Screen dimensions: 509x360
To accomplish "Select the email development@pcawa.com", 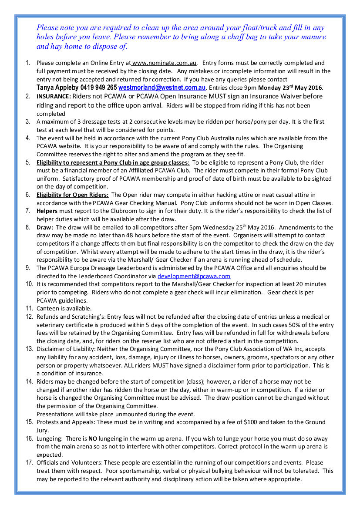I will [194, 276].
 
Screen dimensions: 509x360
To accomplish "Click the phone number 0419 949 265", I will [99, 88].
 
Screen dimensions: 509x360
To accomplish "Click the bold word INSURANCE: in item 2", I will [54, 96].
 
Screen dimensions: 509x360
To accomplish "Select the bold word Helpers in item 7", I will [48, 211].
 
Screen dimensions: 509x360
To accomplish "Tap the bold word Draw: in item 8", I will [45, 227].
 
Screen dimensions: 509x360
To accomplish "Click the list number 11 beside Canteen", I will [29, 309].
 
